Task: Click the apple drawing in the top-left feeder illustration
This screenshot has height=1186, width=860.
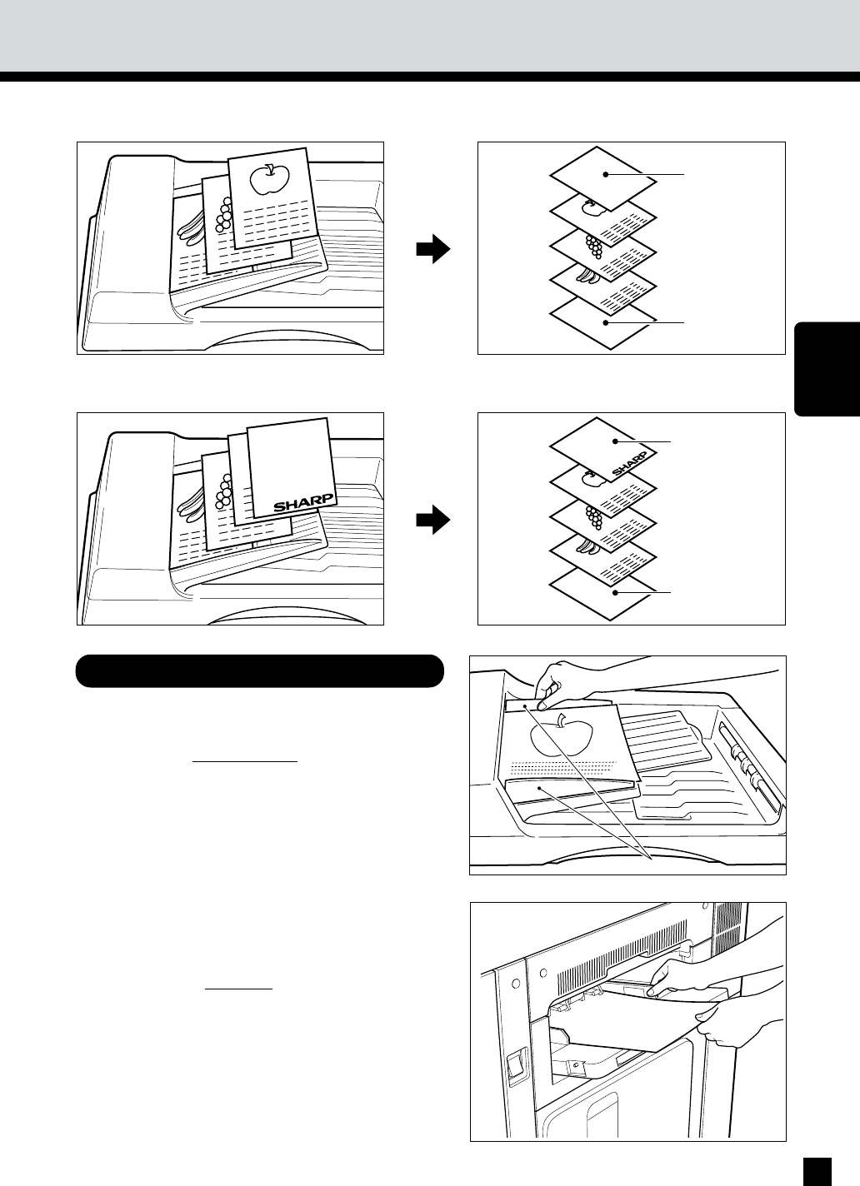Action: [x=269, y=178]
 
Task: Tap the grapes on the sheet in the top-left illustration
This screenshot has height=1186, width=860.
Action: [x=224, y=216]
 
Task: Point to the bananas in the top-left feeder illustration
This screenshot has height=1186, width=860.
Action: [x=192, y=228]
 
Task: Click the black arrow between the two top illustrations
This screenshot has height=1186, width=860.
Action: [x=432, y=248]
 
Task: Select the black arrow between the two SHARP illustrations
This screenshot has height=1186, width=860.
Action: [x=432, y=520]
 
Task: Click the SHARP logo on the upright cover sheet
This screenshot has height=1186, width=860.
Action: [x=304, y=503]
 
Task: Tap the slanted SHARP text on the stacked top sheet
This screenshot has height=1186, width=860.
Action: [x=629, y=463]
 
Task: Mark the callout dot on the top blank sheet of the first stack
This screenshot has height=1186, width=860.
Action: [x=606, y=174]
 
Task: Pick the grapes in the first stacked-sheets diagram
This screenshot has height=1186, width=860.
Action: [x=595, y=246]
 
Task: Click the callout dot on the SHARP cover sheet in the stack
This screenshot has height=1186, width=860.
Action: [x=615, y=441]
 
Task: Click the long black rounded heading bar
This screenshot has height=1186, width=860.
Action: [x=260, y=670]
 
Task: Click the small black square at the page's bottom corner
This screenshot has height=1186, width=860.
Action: [x=817, y=1171]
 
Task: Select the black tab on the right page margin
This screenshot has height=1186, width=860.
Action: [x=827, y=368]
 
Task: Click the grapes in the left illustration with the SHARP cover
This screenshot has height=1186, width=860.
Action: [x=224, y=492]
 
